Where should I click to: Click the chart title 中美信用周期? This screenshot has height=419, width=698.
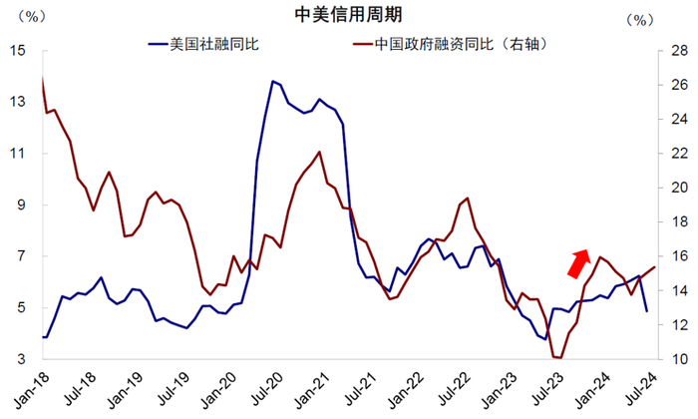(348, 14)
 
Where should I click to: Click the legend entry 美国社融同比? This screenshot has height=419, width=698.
(203, 44)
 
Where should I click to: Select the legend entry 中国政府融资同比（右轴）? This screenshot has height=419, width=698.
(450, 44)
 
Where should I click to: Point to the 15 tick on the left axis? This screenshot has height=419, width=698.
(19, 50)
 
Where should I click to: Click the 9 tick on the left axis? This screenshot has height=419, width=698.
(22, 205)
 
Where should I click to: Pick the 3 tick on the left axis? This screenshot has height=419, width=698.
(22, 359)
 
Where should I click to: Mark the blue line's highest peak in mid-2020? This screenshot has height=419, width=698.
(273, 81)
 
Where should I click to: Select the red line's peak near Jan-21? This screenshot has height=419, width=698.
(319, 152)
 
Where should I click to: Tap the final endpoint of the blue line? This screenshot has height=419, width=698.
(647, 311)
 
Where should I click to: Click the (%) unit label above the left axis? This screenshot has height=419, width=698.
(31, 17)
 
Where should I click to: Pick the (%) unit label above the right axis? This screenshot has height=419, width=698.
(640, 20)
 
